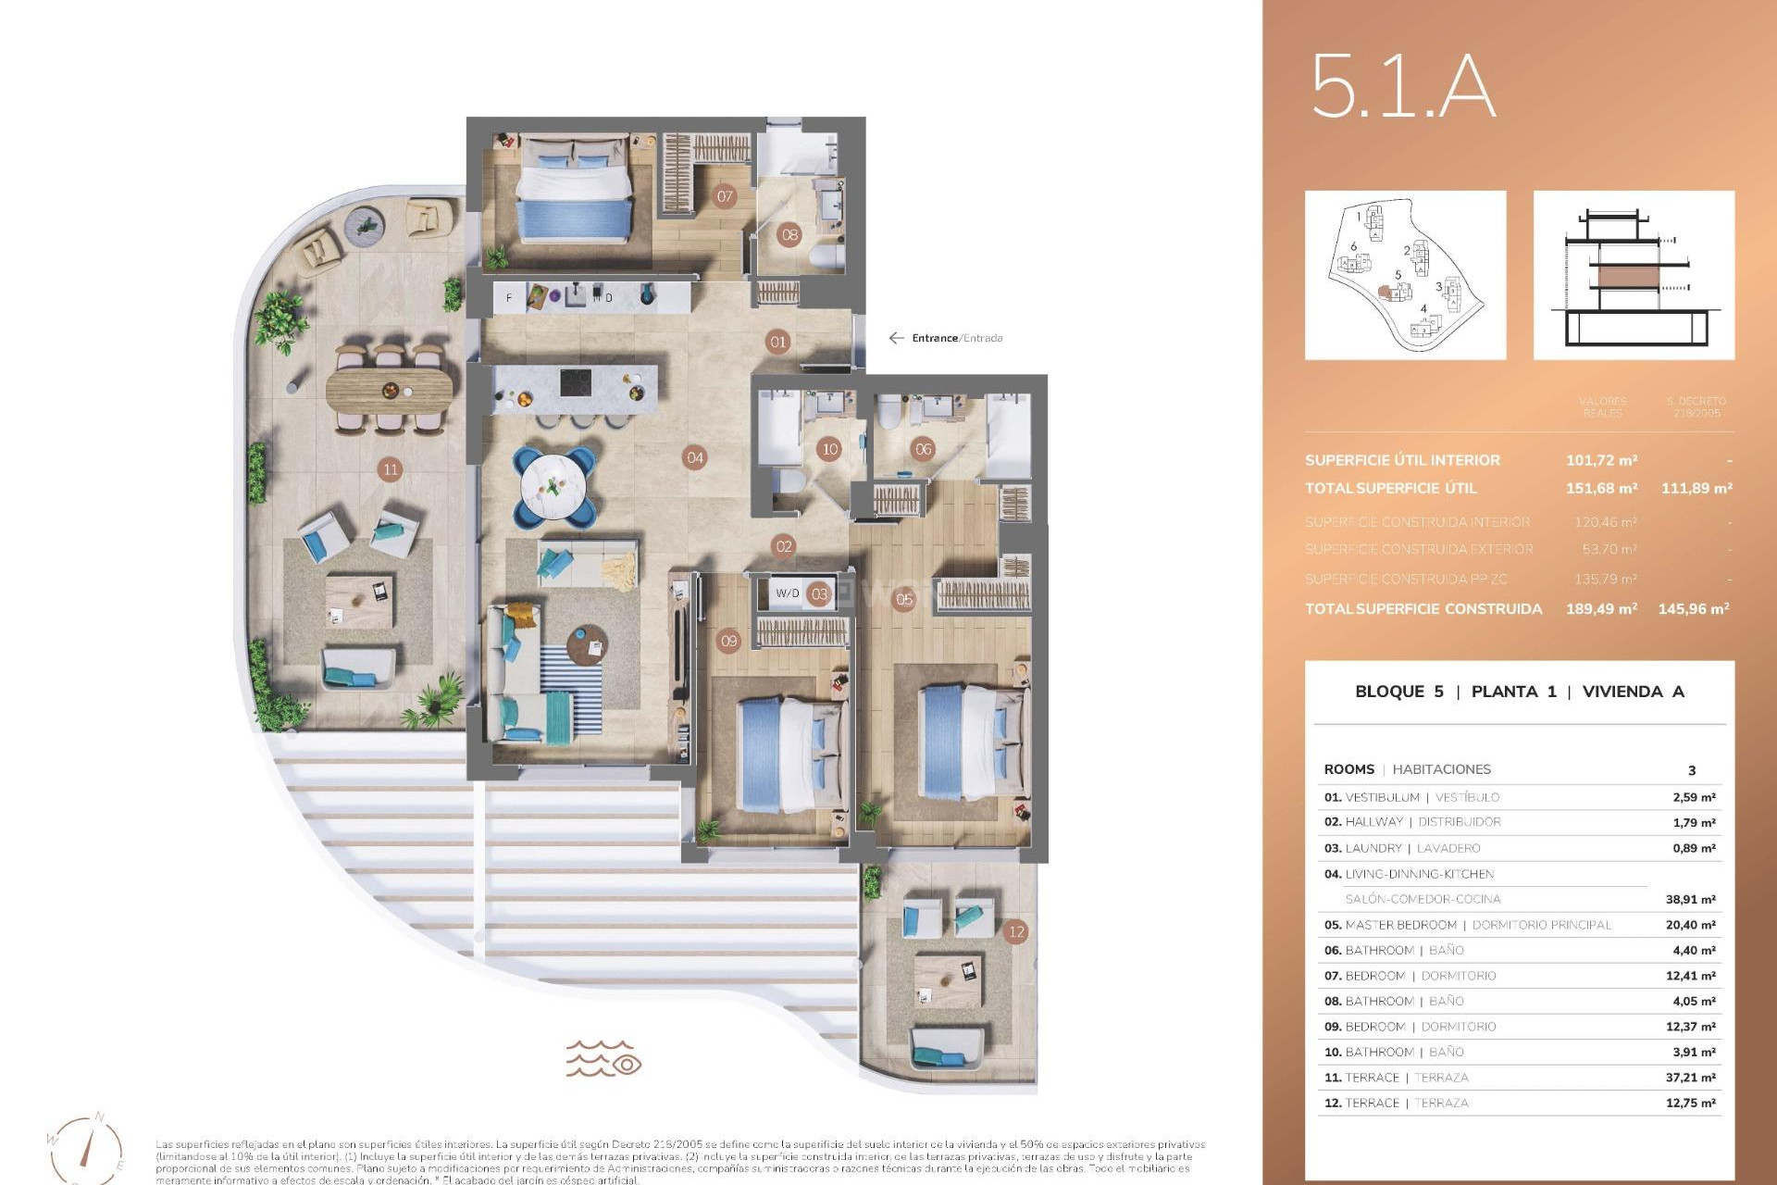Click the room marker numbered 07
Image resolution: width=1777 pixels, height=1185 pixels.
click(x=725, y=195)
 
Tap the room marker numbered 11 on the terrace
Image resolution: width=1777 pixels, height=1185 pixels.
click(x=390, y=469)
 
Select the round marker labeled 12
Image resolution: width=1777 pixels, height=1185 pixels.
click(x=1016, y=931)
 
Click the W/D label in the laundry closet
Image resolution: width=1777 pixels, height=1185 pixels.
click(x=788, y=593)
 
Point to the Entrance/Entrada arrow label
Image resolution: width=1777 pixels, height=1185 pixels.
click(x=946, y=338)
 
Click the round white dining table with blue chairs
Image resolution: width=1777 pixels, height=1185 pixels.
click(x=553, y=484)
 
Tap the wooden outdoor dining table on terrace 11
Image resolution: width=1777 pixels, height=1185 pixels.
click(x=390, y=390)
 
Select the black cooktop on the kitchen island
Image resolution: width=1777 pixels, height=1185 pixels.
click(x=576, y=381)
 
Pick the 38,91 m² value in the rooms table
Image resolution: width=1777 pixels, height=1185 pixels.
click(x=1690, y=899)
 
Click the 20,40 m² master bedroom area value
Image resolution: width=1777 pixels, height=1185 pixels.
click(x=1690, y=925)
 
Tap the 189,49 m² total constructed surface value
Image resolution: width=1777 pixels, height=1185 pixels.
click(x=1601, y=608)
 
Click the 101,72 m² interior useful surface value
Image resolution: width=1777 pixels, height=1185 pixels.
click(x=1601, y=460)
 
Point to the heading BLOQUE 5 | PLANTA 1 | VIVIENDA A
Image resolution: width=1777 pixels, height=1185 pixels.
click(x=1519, y=692)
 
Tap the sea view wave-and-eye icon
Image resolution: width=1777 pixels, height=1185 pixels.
click(x=603, y=1058)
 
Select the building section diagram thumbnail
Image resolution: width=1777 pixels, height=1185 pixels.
click(x=1634, y=275)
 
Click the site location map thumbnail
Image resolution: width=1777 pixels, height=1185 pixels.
click(x=1405, y=275)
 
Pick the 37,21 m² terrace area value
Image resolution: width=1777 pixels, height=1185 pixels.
click(x=1690, y=1078)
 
